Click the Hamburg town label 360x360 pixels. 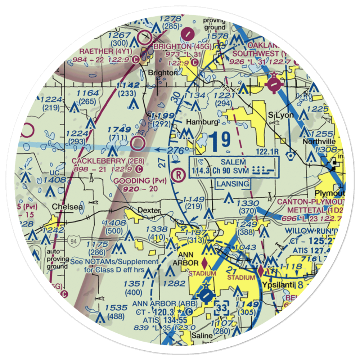tap(202, 122)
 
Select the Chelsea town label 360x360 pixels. tap(67, 207)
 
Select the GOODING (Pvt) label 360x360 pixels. tap(140, 180)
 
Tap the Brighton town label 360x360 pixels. tap(163, 72)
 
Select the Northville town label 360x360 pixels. tap(319, 141)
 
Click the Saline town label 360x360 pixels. tap(202, 335)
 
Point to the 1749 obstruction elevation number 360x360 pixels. tap(119, 130)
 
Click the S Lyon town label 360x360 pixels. tap(282, 115)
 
